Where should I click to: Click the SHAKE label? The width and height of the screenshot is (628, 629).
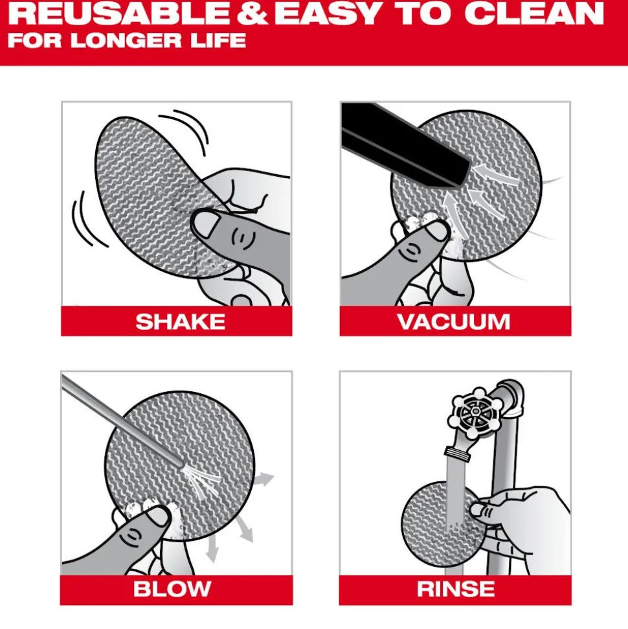coord(180,321)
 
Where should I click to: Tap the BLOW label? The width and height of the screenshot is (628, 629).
coord(172,589)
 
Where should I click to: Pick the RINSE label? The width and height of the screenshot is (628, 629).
coord(456,589)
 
